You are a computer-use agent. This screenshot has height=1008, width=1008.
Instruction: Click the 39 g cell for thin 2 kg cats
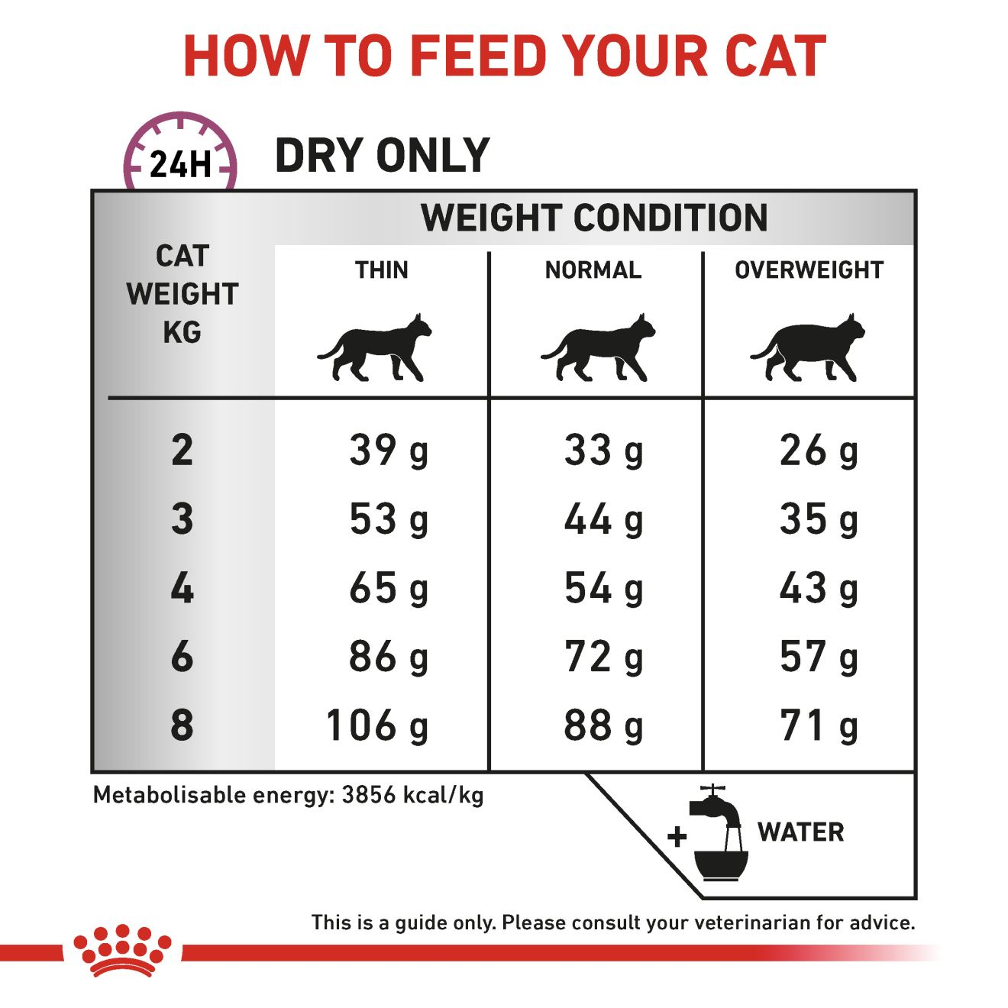click(389, 451)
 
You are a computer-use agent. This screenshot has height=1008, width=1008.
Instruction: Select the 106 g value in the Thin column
click(377, 725)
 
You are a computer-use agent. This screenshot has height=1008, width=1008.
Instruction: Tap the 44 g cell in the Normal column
click(603, 519)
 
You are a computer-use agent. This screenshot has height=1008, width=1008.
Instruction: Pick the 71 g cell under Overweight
click(819, 725)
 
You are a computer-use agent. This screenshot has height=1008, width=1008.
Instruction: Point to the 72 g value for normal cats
click(603, 657)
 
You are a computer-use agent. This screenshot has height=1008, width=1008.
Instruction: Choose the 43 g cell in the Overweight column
click(819, 589)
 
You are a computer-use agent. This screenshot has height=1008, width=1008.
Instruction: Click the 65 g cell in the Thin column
click(389, 589)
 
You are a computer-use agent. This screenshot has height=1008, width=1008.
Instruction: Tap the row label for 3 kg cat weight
click(182, 519)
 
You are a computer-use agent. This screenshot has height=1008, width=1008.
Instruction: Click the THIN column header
click(381, 270)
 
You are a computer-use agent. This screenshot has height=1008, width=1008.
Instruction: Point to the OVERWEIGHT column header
click(809, 270)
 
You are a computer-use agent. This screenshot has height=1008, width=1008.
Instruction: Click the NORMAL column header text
click(593, 270)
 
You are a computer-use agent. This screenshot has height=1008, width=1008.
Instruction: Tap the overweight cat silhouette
click(807, 347)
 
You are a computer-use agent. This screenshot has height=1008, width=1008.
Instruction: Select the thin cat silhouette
click(374, 347)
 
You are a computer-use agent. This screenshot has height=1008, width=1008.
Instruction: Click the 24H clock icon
click(180, 152)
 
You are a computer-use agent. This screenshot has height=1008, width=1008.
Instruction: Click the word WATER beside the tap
click(801, 832)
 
